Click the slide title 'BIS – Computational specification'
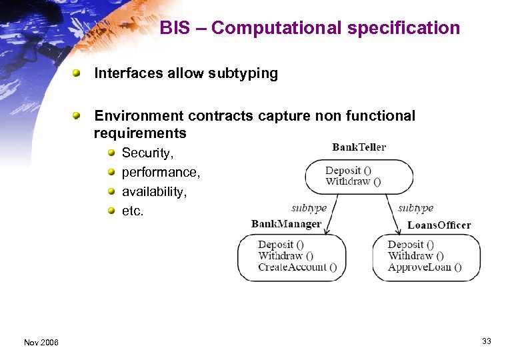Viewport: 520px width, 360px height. click(x=310, y=28)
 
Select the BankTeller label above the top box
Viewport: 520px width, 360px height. click(x=359, y=147)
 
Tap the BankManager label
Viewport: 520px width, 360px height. click(x=286, y=224)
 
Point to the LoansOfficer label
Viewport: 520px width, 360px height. click(x=439, y=225)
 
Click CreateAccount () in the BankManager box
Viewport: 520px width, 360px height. click(x=297, y=267)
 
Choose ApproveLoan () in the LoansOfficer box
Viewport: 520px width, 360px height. click(x=424, y=267)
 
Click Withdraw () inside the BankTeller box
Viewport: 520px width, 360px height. click(x=353, y=181)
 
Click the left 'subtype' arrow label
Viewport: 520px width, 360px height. click(x=309, y=208)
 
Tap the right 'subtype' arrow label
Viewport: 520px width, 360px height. click(x=415, y=208)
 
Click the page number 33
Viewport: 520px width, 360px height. click(x=487, y=341)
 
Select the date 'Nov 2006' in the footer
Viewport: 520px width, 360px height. click(x=41, y=342)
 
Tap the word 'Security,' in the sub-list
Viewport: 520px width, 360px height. click(x=147, y=153)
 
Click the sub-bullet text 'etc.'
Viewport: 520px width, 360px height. click(x=133, y=211)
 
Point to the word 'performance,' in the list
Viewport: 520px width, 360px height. click(x=161, y=173)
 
